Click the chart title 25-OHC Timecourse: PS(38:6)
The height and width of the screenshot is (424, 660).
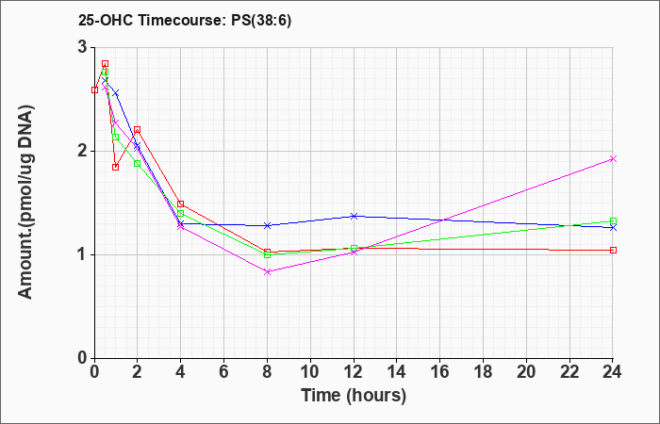185,21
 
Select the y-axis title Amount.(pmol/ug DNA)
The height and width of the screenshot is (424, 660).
25,202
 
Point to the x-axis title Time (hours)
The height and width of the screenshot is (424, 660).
354,396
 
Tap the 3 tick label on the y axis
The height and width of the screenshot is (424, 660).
83,47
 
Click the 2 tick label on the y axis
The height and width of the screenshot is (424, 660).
83,151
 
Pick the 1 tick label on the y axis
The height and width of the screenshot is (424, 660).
83,254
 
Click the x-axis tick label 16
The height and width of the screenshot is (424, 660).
440,372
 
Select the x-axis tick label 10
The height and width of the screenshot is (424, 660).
310,372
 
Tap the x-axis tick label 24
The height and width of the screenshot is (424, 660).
612,372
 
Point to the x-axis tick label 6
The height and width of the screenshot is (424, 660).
224,372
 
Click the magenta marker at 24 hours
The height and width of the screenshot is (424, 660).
613,158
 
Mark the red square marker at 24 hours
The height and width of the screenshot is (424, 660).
613,250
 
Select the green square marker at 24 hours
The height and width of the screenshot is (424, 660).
613,220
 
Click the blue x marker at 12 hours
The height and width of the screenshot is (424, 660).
354,216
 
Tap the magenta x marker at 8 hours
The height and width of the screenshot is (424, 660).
267,271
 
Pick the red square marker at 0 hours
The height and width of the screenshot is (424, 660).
94,90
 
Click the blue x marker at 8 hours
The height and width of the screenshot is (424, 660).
267,225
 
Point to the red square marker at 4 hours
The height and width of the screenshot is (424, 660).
181,204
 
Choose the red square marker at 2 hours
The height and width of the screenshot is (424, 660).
138,130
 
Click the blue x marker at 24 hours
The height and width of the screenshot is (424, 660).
613,228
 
